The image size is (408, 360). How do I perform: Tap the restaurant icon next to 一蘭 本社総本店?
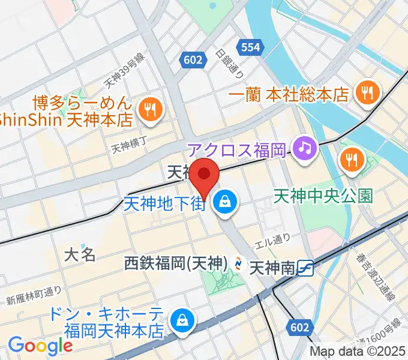(365, 92)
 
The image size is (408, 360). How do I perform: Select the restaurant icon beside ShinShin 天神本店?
(148, 109)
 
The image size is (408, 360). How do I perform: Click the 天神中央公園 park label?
(323, 196)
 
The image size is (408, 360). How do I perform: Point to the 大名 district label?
(80, 254)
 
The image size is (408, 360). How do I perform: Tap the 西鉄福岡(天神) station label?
(174, 263)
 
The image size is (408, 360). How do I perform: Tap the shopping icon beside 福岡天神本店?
(181, 321)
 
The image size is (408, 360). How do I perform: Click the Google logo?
(40, 346)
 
